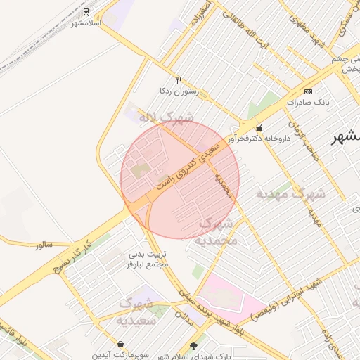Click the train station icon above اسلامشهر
tap(86, 11)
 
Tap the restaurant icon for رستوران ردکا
tap(179, 80)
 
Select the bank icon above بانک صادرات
tap(308, 91)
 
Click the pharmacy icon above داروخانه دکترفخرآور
tap(259, 129)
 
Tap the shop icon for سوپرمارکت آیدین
tap(122, 345)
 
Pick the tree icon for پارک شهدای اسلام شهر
tap(194, 346)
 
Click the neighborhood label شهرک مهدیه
tap(289, 193)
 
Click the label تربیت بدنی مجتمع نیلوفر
tap(148, 259)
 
